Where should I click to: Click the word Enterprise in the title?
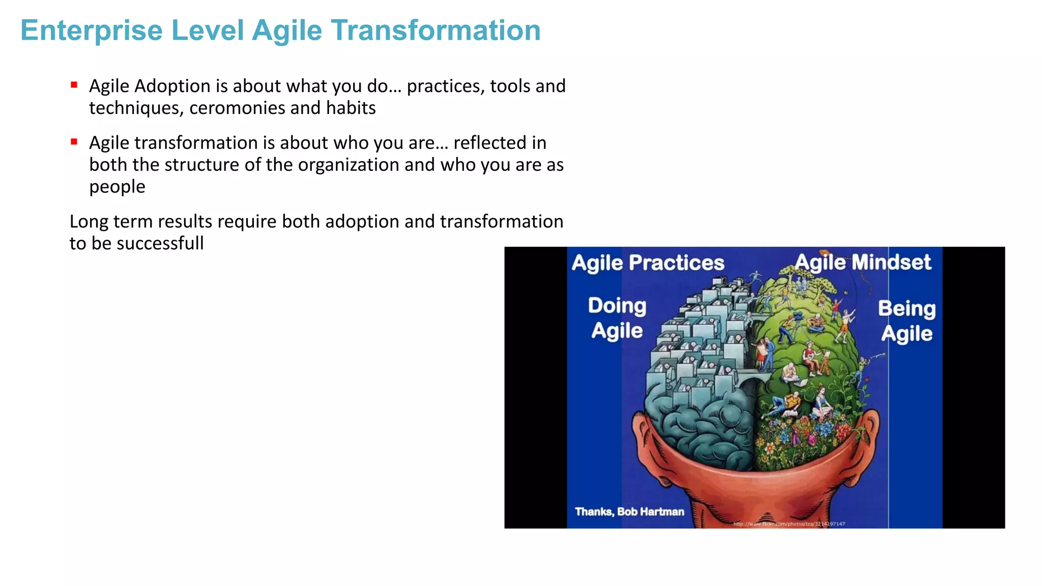pos(92,31)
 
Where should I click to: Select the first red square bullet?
pos(74,85)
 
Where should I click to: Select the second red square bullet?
pos(74,142)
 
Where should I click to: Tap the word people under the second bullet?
pos(117,187)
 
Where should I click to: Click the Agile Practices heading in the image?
pos(648,263)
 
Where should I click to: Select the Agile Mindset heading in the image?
pos(863,262)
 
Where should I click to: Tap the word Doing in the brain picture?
pos(617,306)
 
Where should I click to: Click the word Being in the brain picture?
pos(907,309)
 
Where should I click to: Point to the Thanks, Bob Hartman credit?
pos(629,512)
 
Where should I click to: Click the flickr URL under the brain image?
pos(789,524)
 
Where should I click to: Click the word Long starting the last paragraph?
pos(90,222)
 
